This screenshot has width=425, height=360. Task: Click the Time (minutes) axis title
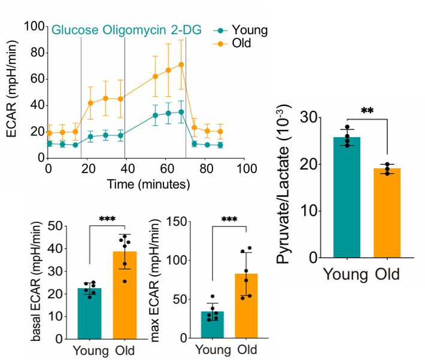click(x=146, y=184)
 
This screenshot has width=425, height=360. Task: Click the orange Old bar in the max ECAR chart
click(x=247, y=306)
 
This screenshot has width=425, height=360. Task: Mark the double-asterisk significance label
click(x=367, y=111)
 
